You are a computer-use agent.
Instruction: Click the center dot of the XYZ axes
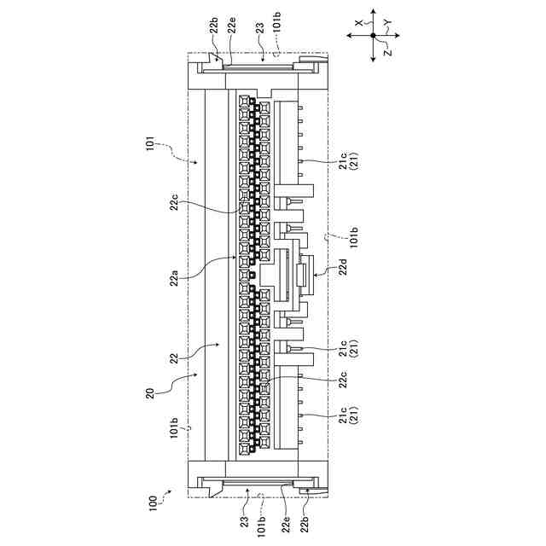[373, 36]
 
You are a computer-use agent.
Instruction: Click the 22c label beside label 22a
[173, 203]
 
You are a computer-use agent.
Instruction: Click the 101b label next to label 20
[173, 424]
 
